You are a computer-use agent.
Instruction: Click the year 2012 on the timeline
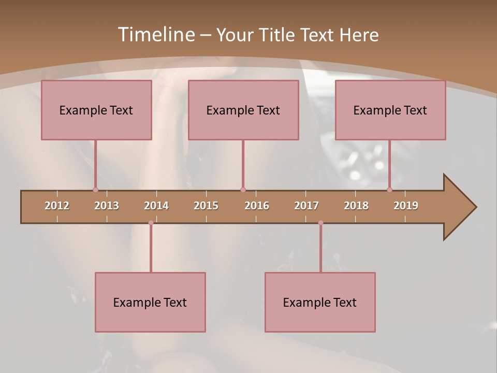(57, 206)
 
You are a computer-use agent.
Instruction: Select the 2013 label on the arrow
(107, 206)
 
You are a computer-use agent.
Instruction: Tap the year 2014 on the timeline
(156, 206)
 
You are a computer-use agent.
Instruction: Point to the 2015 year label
(206, 206)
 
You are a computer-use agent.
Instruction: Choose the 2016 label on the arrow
(257, 206)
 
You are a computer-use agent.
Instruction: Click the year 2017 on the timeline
(306, 206)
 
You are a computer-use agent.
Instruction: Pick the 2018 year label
(356, 206)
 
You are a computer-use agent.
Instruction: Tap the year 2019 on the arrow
(406, 206)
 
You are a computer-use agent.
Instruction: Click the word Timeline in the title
(156, 35)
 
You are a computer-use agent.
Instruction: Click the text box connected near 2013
(96, 110)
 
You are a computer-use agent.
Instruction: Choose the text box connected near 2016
(243, 110)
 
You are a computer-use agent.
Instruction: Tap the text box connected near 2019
(390, 110)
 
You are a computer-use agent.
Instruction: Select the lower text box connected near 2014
(150, 302)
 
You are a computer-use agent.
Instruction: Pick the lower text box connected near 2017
(320, 302)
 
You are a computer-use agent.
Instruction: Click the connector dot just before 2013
(95, 190)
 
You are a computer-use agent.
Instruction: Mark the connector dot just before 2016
(243, 190)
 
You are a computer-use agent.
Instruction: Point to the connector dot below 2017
(320, 223)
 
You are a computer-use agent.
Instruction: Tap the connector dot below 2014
(151, 223)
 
